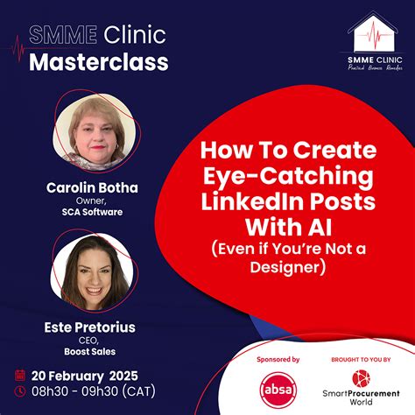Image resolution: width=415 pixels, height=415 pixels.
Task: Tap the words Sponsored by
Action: (278, 360)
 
